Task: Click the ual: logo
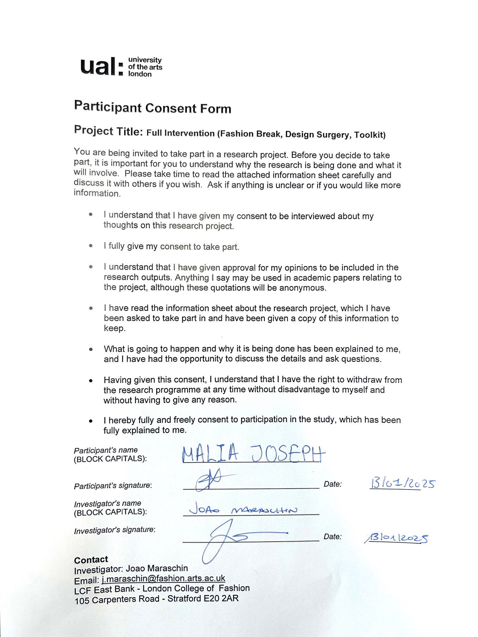coord(121,67)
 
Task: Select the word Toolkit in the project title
coord(369,135)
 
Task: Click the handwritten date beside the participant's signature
coord(402,483)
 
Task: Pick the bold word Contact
coord(91,560)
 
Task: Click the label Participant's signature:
coord(113,486)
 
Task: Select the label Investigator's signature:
coord(114,530)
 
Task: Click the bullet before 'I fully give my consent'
coord(91,246)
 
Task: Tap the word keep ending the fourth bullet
coord(114,328)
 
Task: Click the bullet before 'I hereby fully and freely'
coord(91,421)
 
